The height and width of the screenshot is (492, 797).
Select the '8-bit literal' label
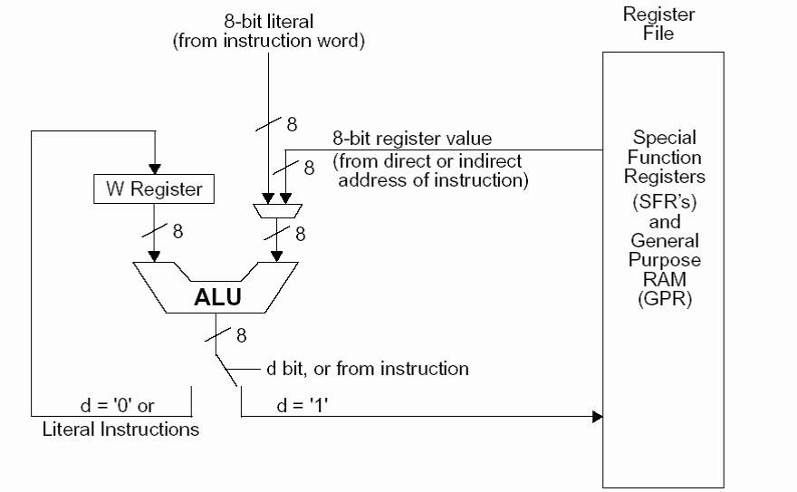(x=268, y=21)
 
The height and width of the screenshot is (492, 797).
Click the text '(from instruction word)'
(x=268, y=42)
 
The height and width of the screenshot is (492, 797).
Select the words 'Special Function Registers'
(x=664, y=159)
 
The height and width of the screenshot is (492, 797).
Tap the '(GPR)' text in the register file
(x=664, y=299)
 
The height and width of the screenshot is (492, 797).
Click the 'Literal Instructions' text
(x=120, y=429)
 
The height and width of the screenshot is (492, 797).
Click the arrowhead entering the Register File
(x=598, y=417)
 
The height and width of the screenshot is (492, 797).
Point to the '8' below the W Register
(x=178, y=232)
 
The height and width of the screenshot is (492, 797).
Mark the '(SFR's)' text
(x=664, y=199)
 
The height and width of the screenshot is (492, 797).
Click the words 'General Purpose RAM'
(x=664, y=259)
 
